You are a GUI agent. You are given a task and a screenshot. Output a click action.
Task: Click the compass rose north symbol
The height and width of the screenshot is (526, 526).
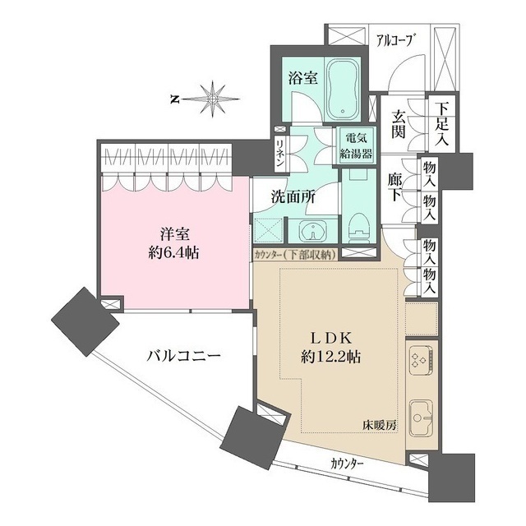coord(211,99)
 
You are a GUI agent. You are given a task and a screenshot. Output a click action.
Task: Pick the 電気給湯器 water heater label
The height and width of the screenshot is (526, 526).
coord(357,146)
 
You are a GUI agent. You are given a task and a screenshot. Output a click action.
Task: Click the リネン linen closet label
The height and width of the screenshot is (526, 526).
coord(280,154)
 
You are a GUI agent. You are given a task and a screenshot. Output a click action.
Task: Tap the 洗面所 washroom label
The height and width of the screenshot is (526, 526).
coord(293,197)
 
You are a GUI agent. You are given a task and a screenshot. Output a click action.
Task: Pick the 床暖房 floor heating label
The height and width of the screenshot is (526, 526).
coord(381,426)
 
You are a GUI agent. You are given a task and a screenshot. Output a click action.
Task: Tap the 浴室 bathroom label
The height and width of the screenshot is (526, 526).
coord(303,79)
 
